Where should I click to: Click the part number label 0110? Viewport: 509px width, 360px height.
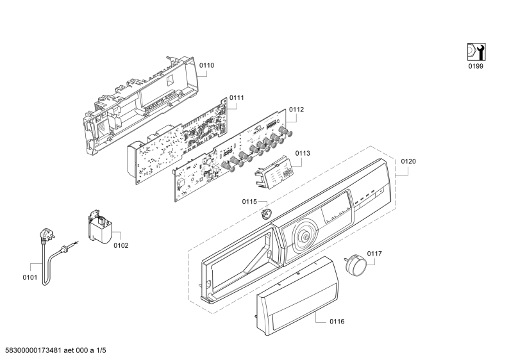coord(206,65)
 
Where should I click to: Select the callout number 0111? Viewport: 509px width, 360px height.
coord(237,98)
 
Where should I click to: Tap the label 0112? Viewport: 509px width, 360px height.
coord(296,110)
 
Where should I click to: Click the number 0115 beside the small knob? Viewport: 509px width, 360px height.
coord(249,202)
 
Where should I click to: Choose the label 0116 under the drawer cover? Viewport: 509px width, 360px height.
coord(337,321)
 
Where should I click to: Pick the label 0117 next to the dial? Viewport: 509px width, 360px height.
coord(374,254)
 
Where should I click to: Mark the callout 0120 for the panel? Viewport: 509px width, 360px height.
coord(408,161)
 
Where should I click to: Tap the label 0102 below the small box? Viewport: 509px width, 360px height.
coord(121,245)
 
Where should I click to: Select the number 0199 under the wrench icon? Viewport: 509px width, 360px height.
coord(475,66)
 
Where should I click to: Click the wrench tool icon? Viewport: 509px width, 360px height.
coord(475,51)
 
